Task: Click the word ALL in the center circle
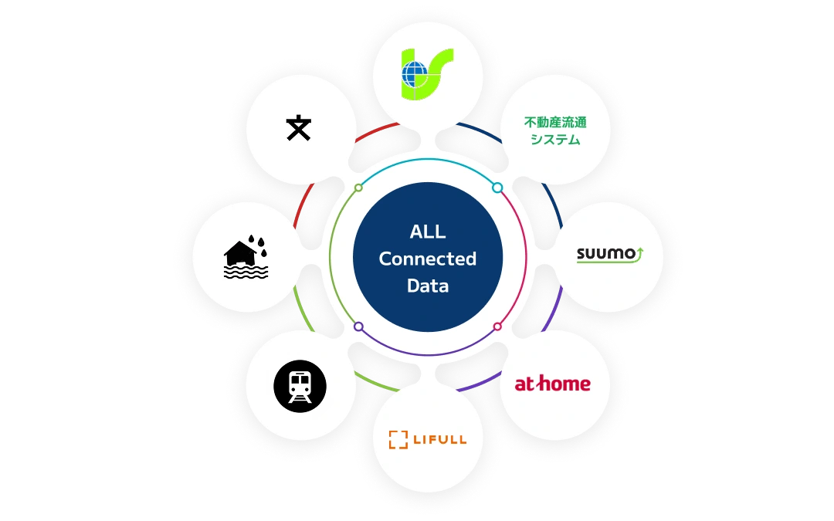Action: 428,232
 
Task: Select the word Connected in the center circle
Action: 428,259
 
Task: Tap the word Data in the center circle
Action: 428,286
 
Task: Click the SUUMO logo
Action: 610,255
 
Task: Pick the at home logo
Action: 553,384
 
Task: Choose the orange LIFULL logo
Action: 428,439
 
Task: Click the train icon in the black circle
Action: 300,387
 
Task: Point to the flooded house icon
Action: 246,257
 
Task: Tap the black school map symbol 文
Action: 298,127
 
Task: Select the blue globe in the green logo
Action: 415,74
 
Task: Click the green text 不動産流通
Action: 555,122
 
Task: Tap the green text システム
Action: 555,140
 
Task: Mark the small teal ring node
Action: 497,188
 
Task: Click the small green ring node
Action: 358,188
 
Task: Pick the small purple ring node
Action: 358,326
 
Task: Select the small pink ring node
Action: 497,326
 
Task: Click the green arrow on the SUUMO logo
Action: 639,254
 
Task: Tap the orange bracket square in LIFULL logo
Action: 398,440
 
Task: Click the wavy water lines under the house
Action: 246,272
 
